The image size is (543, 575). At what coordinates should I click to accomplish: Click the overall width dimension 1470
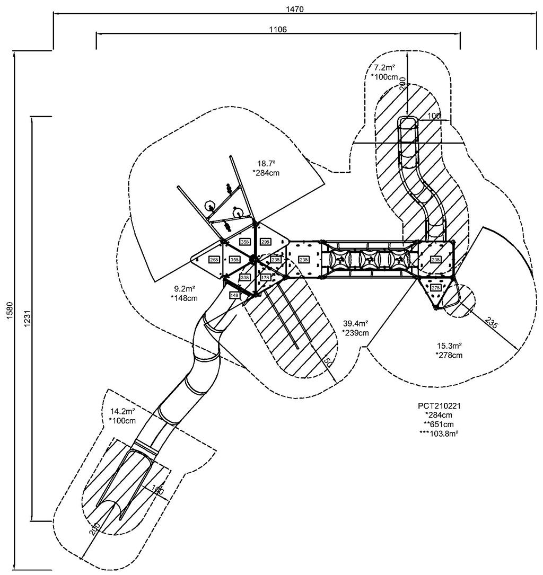click(x=291, y=9)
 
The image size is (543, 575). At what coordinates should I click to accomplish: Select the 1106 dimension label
click(x=277, y=30)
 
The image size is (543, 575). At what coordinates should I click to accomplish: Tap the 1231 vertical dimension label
click(x=25, y=318)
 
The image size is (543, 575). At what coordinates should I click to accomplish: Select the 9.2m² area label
click(x=185, y=289)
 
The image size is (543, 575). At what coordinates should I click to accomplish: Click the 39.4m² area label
click(x=355, y=323)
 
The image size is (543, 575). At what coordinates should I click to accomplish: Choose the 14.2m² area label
click(x=122, y=411)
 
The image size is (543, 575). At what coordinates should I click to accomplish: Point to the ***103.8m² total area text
click(x=439, y=433)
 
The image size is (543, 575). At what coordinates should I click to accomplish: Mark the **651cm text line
click(x=439, y=424)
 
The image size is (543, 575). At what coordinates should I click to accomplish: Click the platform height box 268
click(x=214, y=260)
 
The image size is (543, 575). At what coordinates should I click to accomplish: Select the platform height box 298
click(x=265, y=242)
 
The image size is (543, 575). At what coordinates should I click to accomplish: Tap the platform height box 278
click(x=435, y=288)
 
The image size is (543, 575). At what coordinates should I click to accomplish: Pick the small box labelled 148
click(x=234, y=295)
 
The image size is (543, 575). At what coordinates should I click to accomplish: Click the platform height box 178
click(x=265, y=277)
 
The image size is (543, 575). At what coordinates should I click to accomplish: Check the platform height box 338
click(x=244, y=277)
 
